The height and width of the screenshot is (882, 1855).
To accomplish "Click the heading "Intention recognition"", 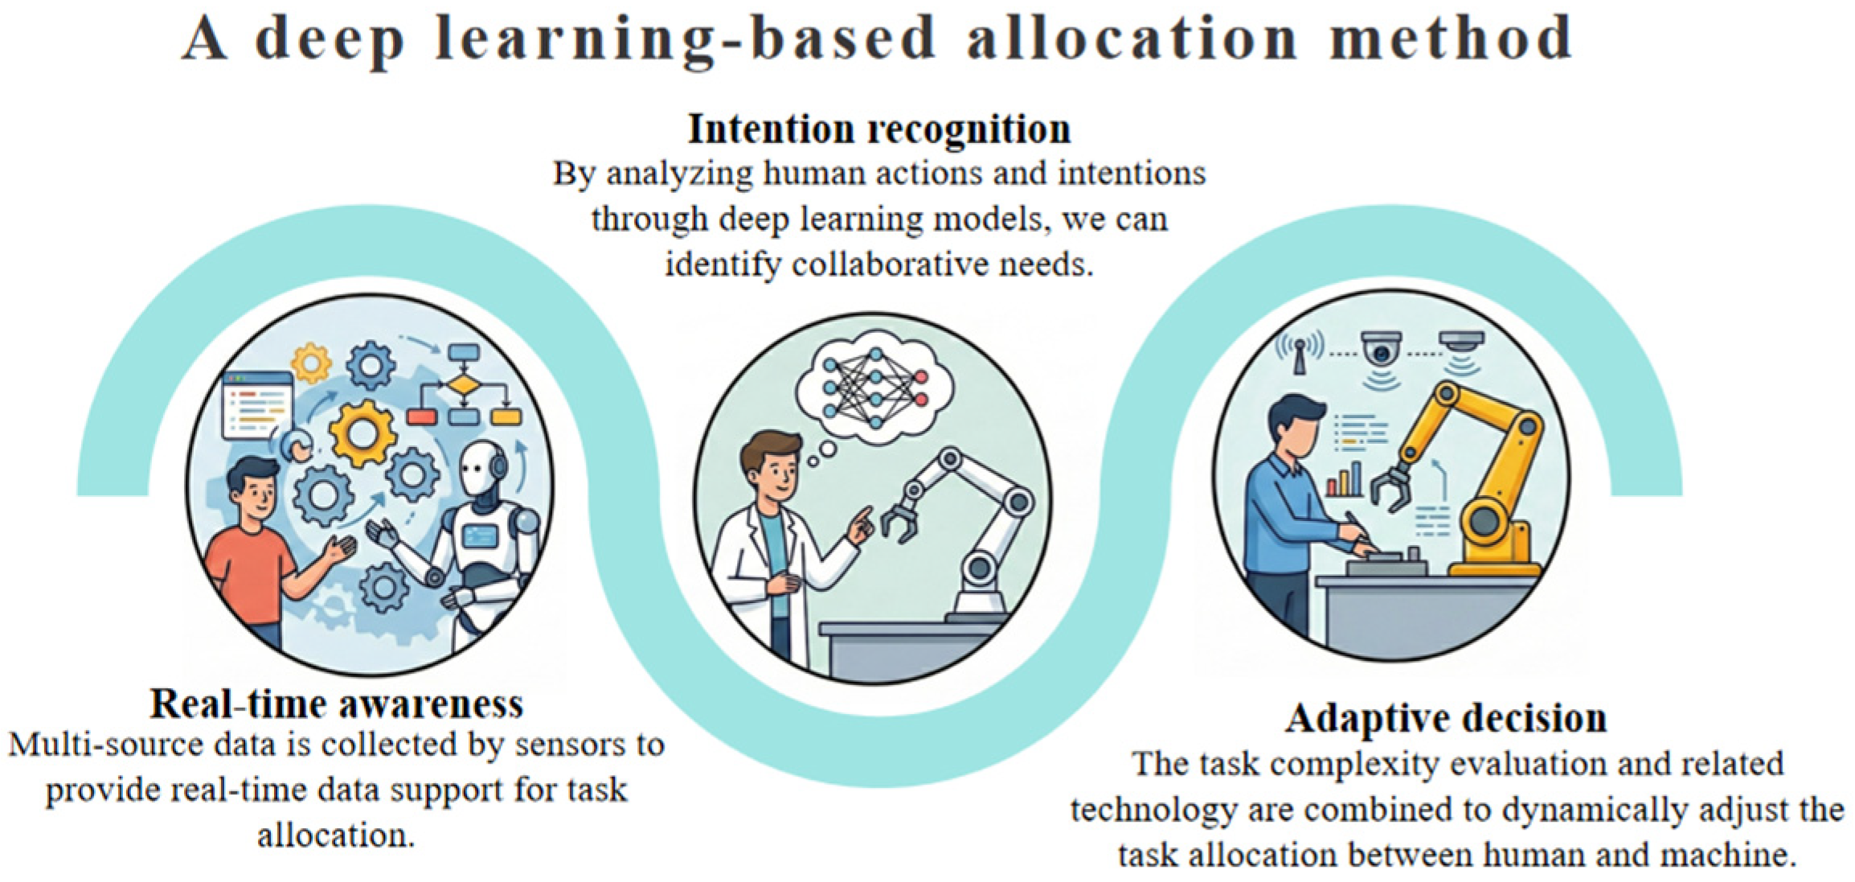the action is (879, 129).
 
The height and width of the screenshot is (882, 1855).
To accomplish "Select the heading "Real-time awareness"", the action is (337, 704).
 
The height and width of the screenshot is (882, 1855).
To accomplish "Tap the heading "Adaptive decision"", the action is (1445, 718).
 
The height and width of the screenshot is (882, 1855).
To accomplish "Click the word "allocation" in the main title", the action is (1132, 38).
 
